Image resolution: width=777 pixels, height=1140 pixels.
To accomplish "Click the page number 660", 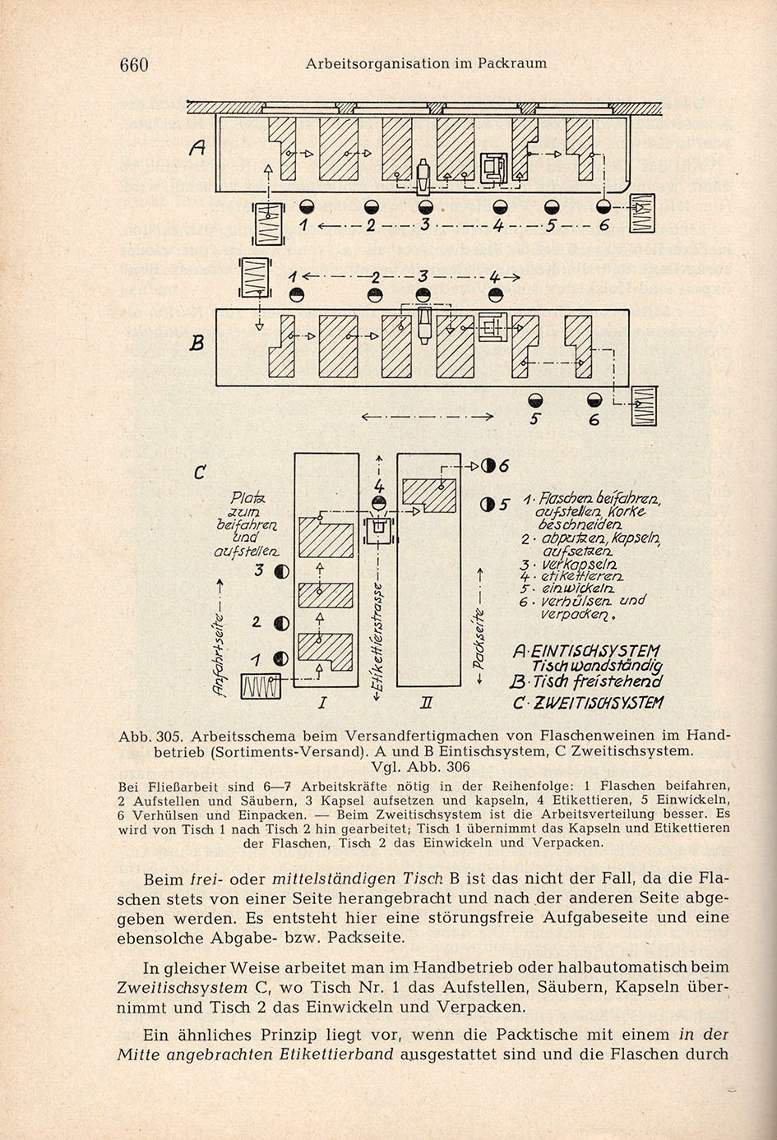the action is tap(134, 65).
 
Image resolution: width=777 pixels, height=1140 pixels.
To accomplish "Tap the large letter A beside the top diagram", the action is tap(197, 148).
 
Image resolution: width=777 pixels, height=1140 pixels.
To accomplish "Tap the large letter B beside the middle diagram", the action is tap(197, 344).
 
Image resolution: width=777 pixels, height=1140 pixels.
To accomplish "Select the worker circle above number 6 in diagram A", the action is tap(604, 205).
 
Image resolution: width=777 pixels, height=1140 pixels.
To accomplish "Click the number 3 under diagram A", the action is tap(425, 224).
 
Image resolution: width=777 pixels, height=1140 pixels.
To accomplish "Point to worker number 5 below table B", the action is tap(534, 400).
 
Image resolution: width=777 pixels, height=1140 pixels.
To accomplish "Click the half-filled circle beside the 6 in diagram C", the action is tap(488, 465).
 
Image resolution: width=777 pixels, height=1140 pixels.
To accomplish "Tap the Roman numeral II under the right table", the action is tap(427, 703).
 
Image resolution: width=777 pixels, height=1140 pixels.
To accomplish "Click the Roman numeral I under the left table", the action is tap(321, 703).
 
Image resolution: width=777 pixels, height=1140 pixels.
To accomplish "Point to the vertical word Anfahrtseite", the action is tap(219, 654).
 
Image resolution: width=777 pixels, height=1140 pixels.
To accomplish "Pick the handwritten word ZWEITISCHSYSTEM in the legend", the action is tap(595, 703).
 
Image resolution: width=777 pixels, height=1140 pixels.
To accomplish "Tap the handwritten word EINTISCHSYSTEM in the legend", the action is tap(596, 651).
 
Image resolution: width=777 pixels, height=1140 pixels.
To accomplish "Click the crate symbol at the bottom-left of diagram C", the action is tap(261, 686).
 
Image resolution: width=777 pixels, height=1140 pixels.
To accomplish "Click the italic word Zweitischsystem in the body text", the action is tap(183, 987).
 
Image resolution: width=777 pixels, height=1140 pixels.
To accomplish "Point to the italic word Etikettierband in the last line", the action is tap(336, 1054).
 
